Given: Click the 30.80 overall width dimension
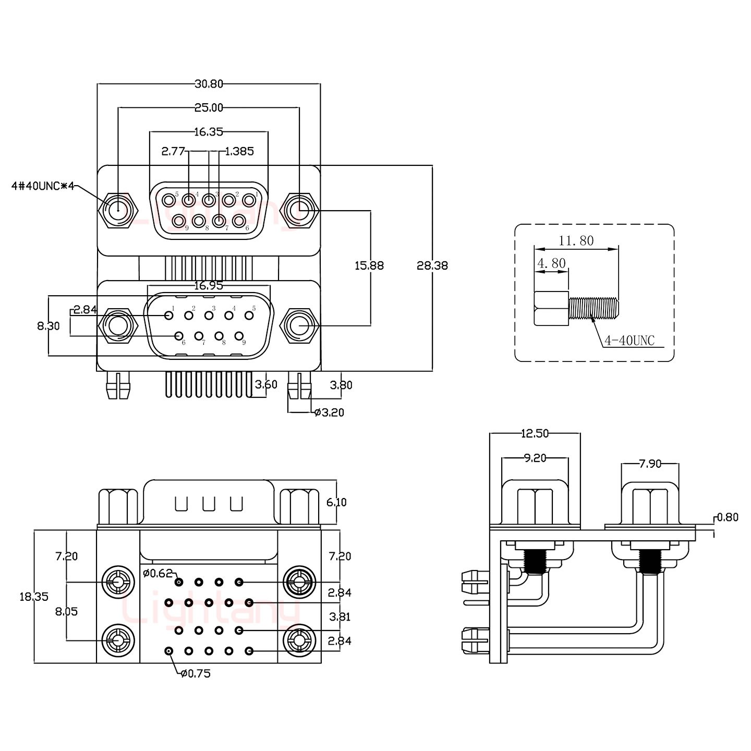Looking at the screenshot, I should click(209, 83).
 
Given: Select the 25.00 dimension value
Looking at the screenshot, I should click(209, 108).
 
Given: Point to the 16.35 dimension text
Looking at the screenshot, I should click(209, 132).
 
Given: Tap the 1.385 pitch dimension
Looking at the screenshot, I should click(239, 152).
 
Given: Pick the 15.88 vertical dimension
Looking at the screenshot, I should click(369, 265).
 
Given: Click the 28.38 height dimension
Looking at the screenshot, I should click(432, 265).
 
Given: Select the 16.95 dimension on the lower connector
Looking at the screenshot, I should click(209, 285).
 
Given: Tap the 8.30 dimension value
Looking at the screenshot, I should click(48, 326).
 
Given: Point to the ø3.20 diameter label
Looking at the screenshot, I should click(329, 413).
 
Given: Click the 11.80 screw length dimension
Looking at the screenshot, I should click(576, 241).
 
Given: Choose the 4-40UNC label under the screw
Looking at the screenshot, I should click(629, 341).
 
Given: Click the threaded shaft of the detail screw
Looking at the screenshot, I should click(594, 308).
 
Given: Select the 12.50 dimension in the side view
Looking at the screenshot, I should click(535, 433).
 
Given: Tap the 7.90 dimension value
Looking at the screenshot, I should click(650, 464).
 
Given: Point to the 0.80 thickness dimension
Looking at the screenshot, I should click(728, 517).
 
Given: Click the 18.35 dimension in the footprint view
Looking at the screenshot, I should click(34, 597).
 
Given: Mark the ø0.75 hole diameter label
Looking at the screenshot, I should click(196, 673).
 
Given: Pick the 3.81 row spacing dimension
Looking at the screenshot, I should click(340, 617).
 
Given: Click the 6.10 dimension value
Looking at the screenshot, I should click(336, 502).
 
